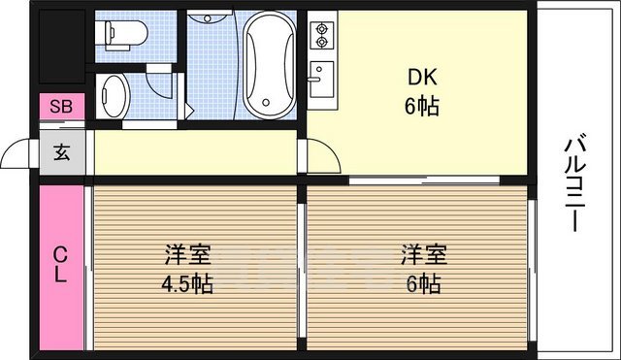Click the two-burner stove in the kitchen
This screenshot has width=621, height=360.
321,37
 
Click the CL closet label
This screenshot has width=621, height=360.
60,265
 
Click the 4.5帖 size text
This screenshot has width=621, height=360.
188,283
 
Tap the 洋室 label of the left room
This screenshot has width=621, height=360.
188,256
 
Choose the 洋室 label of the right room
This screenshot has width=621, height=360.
424,256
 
